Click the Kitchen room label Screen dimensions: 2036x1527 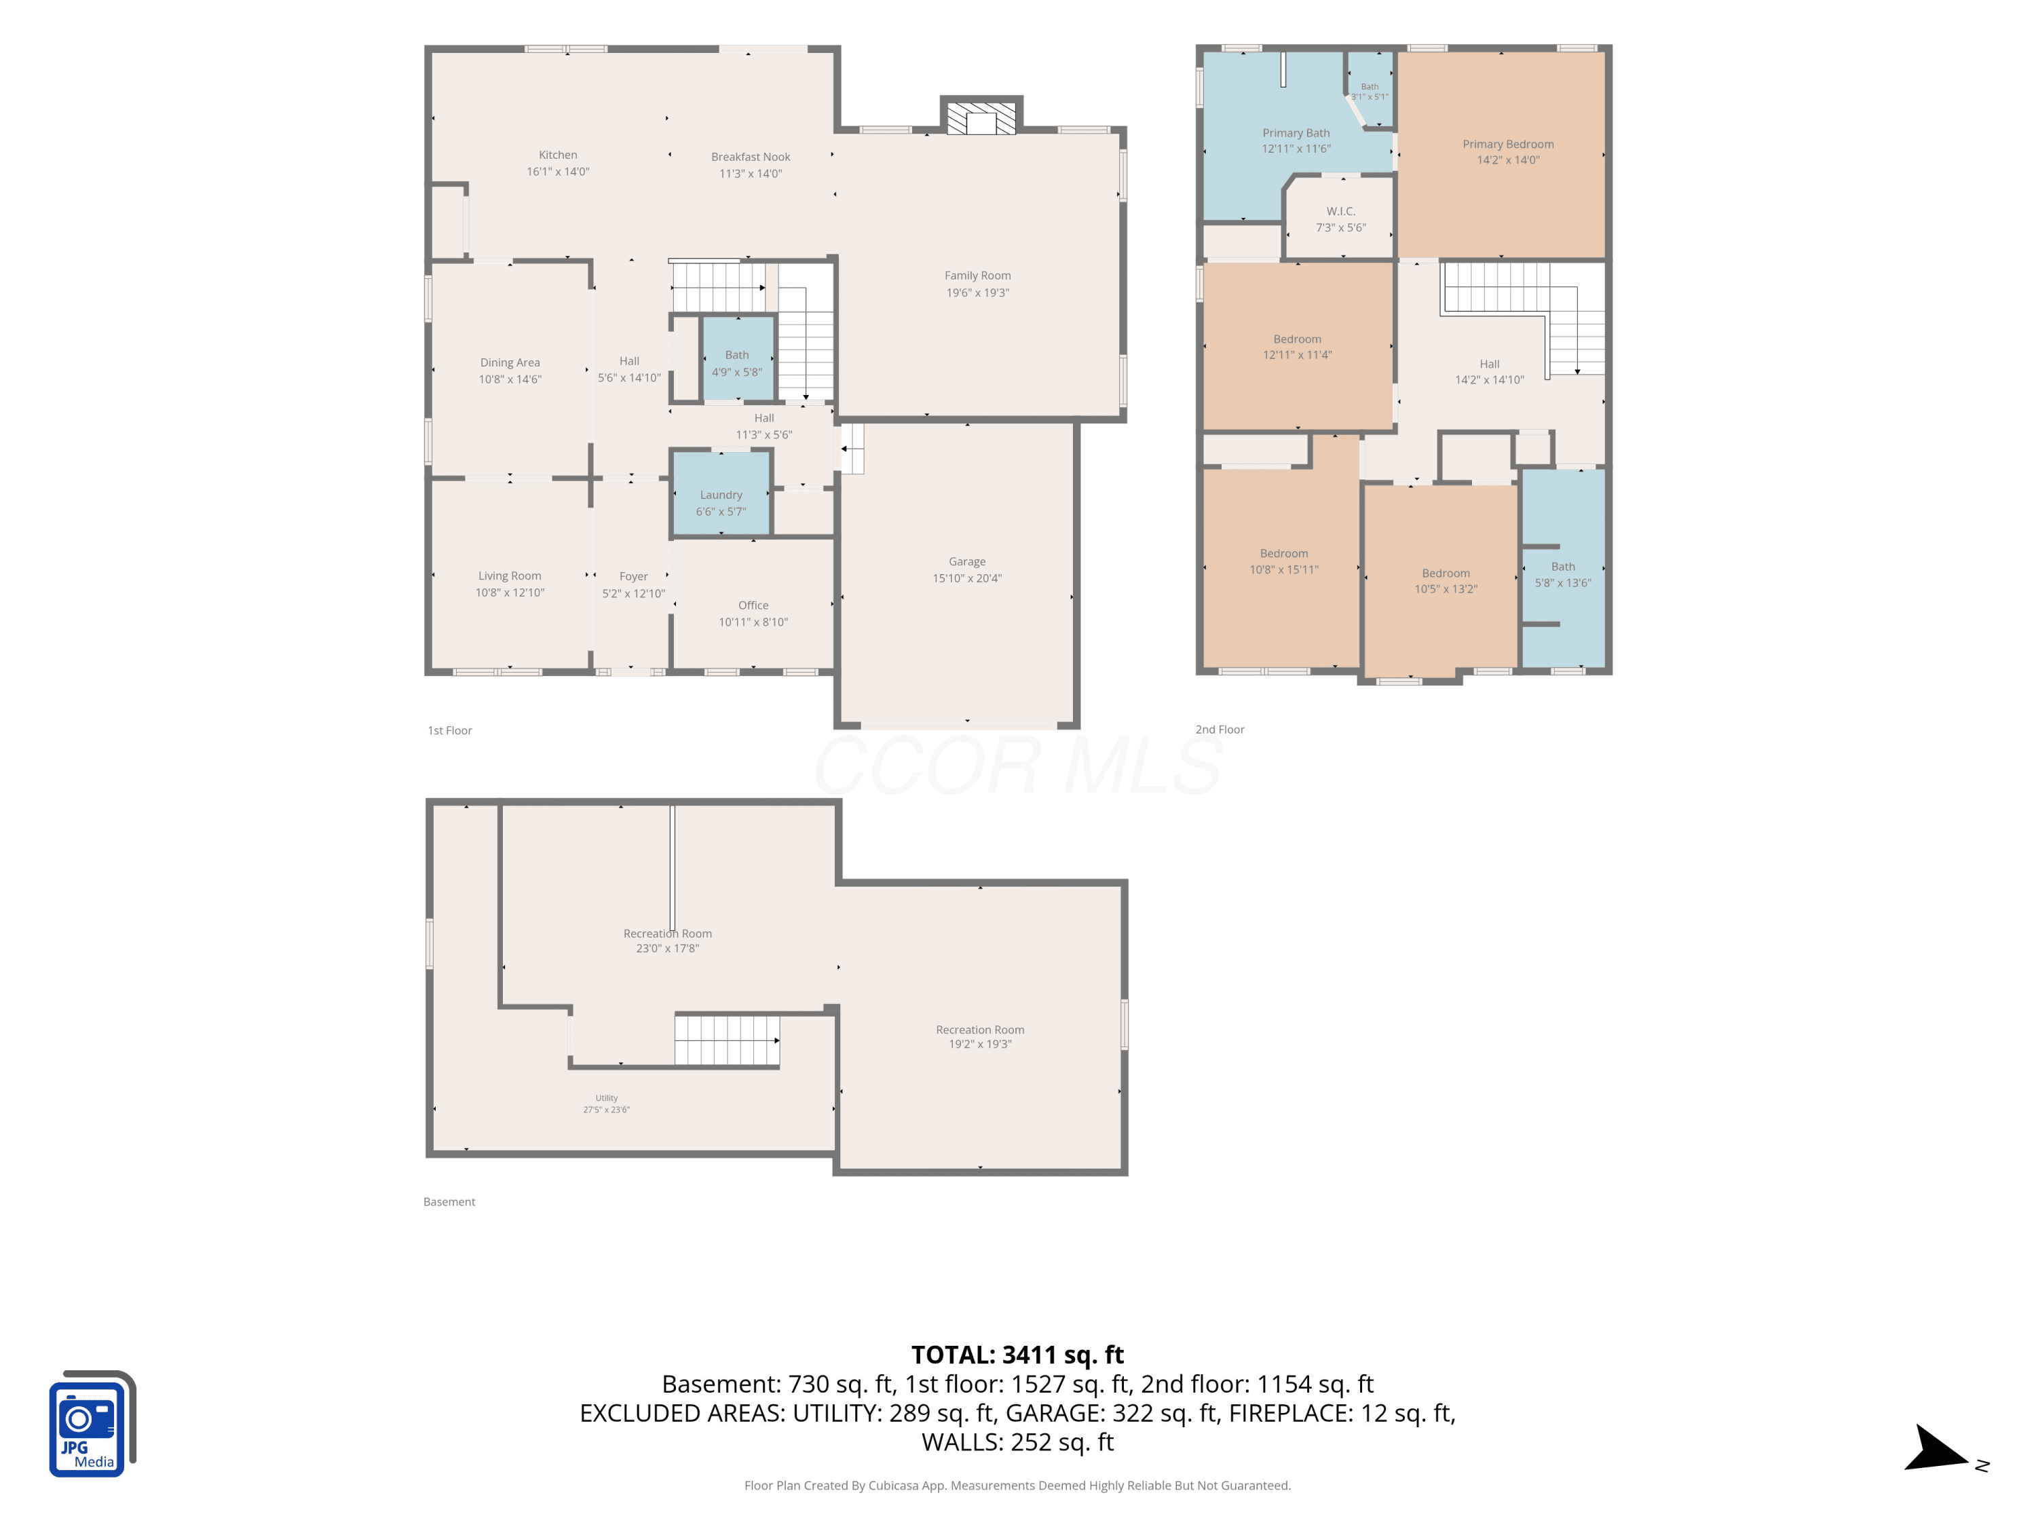pos(558,155)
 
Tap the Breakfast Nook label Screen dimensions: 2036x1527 pos(750,157)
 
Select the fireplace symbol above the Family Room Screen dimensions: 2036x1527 pos(981,117)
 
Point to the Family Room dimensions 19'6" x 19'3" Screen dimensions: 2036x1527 pos(977,293)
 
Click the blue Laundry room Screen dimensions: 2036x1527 pos(721,493)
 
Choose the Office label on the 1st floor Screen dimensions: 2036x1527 pos(753,605)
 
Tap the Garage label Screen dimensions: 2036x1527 pos(966,561)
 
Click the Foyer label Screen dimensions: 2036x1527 pos(633,576)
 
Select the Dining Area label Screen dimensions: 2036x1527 pos(510,362)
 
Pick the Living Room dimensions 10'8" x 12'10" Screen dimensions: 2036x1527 pos(510,592)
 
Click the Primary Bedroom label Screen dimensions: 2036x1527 pos(1508,144)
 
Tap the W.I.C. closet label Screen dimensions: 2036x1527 pos(1340,211)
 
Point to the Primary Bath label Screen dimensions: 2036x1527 pos(1296,132)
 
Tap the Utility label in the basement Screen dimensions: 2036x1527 pos(607,1098)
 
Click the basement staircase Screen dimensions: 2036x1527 pos(727,1040)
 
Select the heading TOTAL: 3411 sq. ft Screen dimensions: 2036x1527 pos(1017,1355)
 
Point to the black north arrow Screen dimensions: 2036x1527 pos(1935,1450)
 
